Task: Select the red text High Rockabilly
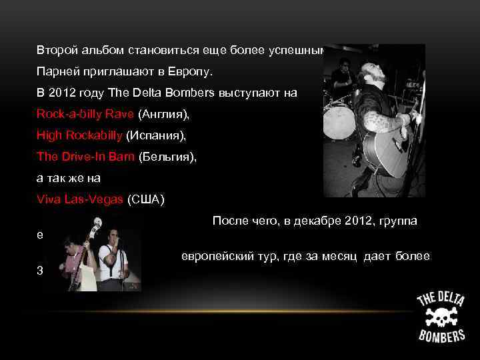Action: (x=79, y=135)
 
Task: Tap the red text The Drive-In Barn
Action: (x=85, y=157)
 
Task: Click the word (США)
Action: (x=145, y=199)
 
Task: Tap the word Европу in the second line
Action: (x=197, y=71)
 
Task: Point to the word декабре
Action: (x=314, y=221)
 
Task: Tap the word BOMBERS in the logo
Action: (x=441, y=334)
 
